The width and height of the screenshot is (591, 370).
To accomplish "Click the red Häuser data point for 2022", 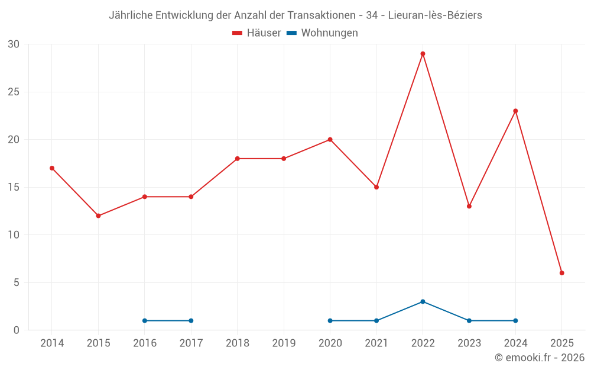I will pos(423,54).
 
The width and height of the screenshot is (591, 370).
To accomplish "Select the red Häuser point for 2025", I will pos(562,273).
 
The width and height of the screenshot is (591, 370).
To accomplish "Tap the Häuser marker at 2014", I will pos(52,168).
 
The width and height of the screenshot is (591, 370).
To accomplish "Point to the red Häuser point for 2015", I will pos(98,215).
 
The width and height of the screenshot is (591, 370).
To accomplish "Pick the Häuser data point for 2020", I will pos(330,140).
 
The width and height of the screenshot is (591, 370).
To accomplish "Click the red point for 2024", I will pos(515,111).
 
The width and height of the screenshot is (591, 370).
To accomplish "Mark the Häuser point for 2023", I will pos(469,206).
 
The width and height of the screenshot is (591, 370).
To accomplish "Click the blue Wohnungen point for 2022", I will pos(423,301).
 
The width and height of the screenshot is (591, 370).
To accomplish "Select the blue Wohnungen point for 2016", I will pos(145,321).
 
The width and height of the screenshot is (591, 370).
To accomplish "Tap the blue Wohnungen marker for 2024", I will pos(515,321).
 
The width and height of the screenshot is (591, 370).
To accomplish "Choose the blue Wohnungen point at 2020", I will pos(330,321).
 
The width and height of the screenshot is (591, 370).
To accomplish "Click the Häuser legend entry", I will pos(256,33).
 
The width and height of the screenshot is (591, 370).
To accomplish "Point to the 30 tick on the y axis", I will pos(14,44).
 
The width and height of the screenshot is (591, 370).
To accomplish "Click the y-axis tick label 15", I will pos(14,187).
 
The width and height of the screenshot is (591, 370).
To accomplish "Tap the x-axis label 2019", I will pos(284,343).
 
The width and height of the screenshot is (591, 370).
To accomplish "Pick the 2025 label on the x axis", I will pos(562,343).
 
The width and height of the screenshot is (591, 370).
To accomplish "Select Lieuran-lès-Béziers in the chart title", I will pos(435,15).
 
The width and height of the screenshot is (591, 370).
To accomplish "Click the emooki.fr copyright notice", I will pos(539,358).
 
